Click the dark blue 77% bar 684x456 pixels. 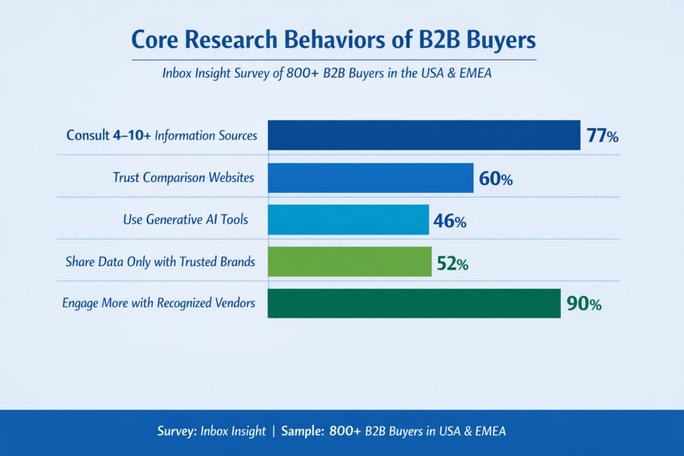(x=423, y=136)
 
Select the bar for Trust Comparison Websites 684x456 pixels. (x=370, y=178)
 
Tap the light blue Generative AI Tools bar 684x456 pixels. (x=348, y=220)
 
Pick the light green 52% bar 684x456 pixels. (x=349, y=262)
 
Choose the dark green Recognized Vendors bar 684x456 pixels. (x=413, y=303)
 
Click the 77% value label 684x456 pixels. (x=603, y=136)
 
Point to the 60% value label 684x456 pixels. (x=496, y=179)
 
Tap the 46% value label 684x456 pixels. (x=450, y=221)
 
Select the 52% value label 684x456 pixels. (x=452, y=263)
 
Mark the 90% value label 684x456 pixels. (x=584, y=304)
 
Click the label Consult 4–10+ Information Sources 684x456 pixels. (x=162, y=136)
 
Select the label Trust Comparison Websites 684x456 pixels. (x=183, y=178)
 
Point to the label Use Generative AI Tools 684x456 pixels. (x=186, y=220)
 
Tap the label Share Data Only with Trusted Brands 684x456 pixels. (x=160, y=262)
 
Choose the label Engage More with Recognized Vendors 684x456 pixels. (x=158, y=303)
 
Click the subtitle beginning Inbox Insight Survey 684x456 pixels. (x=327, y=73)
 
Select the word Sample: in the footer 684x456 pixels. (x=303, y=431)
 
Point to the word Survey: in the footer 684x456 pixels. (x=177, y=431)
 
